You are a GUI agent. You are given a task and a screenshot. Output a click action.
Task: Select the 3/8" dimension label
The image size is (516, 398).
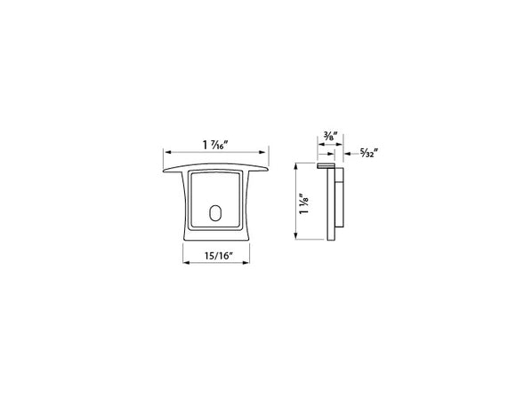(330, 137)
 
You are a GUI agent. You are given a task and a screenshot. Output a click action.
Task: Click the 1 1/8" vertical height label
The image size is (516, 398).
(305, 204)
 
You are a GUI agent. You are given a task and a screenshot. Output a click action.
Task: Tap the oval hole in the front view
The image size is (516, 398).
(214, 213)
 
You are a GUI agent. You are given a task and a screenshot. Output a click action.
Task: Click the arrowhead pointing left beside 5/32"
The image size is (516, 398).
(342, 153)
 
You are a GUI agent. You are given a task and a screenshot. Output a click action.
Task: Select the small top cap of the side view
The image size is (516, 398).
(326, 164)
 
